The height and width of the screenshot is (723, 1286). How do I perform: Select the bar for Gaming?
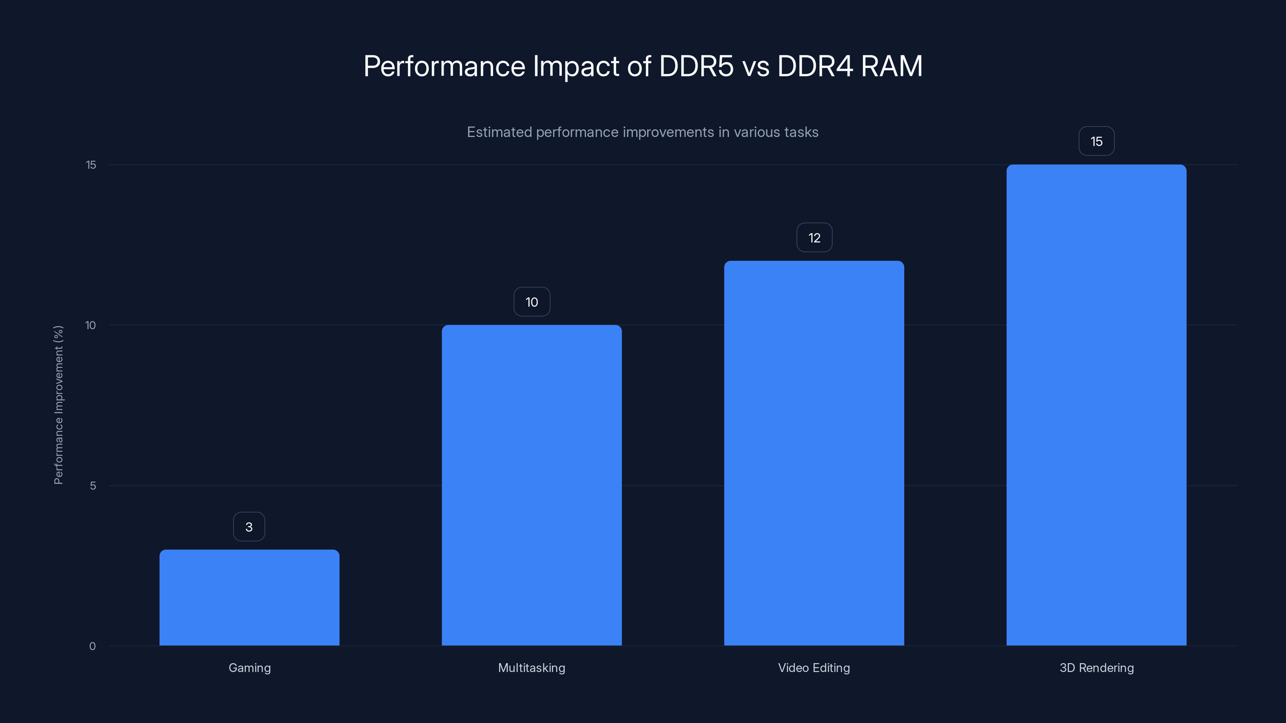tap(249, 597)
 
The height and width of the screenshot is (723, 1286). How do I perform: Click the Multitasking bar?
tap(532, 485)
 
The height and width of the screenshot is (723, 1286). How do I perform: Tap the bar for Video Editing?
tap(814, 453)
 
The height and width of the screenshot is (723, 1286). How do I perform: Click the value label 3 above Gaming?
tap(249, 527)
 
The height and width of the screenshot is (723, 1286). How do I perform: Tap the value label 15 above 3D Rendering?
tap(1096, 142)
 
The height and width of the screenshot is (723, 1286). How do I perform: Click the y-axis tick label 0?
tap(92, 646)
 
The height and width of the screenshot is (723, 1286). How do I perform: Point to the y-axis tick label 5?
tap(93, 486)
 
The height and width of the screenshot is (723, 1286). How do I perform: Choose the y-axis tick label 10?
tap(90, 325)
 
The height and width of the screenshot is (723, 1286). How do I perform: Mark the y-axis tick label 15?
tap(91, 165)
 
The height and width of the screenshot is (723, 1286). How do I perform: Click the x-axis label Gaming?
tap(250, 668)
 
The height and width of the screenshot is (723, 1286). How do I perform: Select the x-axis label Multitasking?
tap(532, 668)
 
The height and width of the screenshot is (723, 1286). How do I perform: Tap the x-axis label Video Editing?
tap(814, 668)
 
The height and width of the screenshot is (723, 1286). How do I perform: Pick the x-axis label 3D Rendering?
tap(1096, 668)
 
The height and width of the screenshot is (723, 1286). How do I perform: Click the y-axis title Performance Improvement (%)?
tap(58, 404)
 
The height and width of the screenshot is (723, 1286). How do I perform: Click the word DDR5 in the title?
tap(696, 66)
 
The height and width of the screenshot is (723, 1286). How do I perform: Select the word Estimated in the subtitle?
tap(499, 132)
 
